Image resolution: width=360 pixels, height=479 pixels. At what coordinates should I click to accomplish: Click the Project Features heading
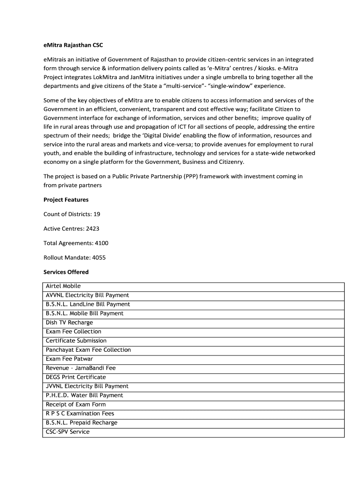[66, 200]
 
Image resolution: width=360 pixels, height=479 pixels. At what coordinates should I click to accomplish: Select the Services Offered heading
[66, 272]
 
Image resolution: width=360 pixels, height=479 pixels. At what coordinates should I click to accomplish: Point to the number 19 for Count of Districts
[97, 214]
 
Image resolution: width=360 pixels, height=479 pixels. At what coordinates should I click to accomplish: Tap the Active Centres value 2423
[92, 229]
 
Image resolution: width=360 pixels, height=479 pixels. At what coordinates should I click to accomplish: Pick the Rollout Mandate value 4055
[99, 257]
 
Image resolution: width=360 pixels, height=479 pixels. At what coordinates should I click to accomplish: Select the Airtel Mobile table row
[63, 286]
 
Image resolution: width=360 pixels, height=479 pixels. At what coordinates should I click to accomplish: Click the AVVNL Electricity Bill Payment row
[87, 295]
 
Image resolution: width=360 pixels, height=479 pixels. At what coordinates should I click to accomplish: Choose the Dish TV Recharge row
[69, 322]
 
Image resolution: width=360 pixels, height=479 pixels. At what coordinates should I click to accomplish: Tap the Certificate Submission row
[76, 341]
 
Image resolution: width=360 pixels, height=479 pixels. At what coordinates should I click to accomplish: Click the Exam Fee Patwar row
[69, 359]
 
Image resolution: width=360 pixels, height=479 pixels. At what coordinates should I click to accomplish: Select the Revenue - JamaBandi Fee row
[80, 368]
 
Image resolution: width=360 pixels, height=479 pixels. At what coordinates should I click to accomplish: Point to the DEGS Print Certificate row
[76, 377]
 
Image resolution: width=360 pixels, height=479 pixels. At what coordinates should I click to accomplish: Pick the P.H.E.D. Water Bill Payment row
[84, 395]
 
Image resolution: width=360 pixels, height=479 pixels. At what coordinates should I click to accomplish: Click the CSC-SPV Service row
[67, 432]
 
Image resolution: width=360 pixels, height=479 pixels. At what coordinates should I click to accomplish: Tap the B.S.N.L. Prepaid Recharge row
[81, 422]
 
